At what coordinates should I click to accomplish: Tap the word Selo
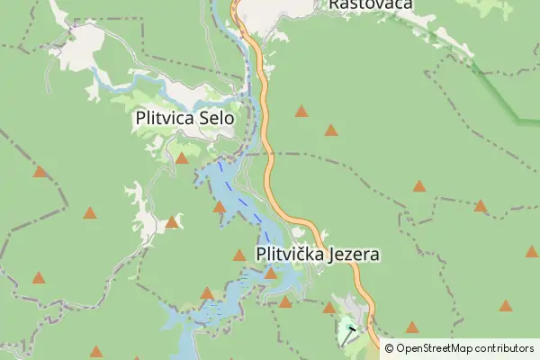coord(216,118)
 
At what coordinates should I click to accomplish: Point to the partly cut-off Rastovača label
coord(370,4)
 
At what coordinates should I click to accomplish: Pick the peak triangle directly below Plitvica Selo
coord(182,158)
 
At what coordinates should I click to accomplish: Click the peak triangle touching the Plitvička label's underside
coord(270,273)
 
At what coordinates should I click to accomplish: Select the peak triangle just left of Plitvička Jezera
coord(239,256)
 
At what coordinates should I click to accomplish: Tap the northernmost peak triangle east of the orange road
coord(301,112)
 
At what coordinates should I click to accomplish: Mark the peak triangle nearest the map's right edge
coord(533,252)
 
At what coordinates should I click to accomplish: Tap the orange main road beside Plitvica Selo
coord(265,117)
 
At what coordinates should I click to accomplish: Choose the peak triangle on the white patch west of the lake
coord(172,221)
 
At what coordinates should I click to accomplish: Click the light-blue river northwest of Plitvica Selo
coord(112,86)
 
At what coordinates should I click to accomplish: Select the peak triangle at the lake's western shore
coord(220,207)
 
